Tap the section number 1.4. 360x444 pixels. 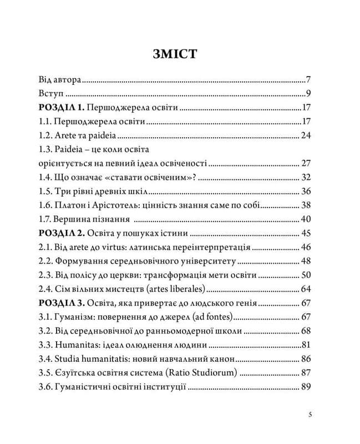click(45, 178)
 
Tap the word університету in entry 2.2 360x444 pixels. click(209, 261)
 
